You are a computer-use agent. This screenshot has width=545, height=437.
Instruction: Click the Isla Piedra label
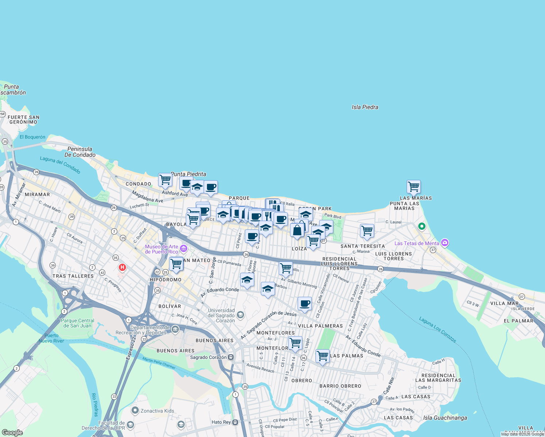pyautogui.click(x=365, y=107)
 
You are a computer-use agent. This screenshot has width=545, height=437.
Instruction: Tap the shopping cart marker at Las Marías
pyautogui.click(x=413, y=187)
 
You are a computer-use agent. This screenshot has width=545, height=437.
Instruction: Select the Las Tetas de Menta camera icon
pyautogui.click(x=444, y=243)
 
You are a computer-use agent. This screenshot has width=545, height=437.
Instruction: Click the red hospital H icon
pyautogui.click(x=122, y=268)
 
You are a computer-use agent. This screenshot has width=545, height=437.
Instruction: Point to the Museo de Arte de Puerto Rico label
pyautogui.click(x=161, y=249)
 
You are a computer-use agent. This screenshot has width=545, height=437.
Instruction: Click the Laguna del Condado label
pyautogui.click(x=60, y=165)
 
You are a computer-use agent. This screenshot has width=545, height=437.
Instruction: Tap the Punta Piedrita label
pyautogui.click(x=189, y=174)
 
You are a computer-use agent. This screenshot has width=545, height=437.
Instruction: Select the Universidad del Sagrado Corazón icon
pyautogui.click(x=240, y=315)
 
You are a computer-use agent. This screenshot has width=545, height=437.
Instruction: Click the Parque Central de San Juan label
pyautogui.click(x=77, y=323)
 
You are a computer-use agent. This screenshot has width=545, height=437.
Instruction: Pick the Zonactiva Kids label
pyautogui.click(x=157, y=411)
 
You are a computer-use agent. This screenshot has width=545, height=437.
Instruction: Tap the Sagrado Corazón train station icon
pyautogui.click(x=231, y=357)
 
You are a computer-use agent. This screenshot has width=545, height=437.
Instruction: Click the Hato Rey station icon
pyautogui.click(x=235, y=422)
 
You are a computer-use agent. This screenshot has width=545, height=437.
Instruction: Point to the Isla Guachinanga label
pyautogui.click(x=445, y=418)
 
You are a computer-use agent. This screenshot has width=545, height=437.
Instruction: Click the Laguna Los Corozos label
pyautogui.click(x=437, y=329)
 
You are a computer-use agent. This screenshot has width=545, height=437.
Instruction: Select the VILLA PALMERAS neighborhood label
pyautogui.click(x=320, y=326)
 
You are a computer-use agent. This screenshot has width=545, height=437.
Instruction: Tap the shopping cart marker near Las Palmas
pyautogui.click(x=322, y=356)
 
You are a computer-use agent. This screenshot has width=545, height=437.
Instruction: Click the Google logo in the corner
pyautogui.click(x=12, y=432)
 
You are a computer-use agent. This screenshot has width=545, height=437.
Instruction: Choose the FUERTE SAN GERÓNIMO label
pyautogui.click(x=24, y=119)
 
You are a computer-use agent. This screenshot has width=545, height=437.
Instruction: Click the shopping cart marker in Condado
pyautogui.click(x=165, y=180)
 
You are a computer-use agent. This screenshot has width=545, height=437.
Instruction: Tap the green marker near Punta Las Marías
pyautogui.click(x=422, y=227)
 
